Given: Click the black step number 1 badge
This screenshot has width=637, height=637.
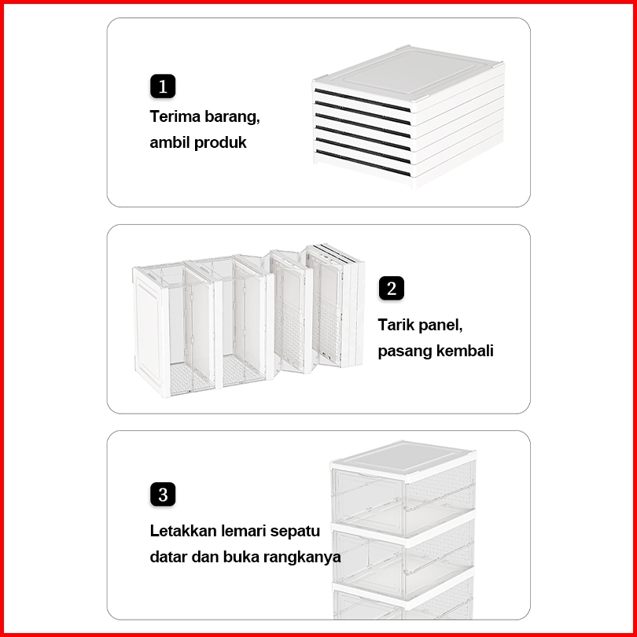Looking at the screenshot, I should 163,86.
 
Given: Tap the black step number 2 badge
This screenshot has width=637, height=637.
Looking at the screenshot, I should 392,289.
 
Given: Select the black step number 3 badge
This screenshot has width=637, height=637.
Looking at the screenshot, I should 163,495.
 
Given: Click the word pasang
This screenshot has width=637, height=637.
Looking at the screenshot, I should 403,351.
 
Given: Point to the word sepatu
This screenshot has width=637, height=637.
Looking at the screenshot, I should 295,531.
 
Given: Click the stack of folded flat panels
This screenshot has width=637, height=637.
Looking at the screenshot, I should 407,118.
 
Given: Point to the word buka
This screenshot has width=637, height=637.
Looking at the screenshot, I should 242,558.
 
